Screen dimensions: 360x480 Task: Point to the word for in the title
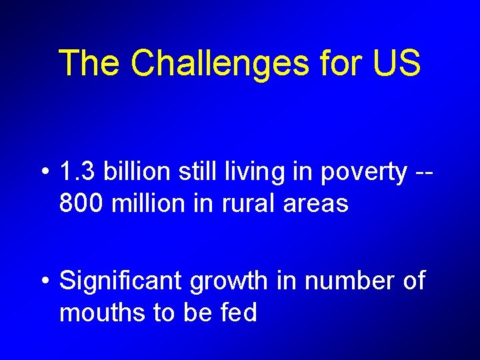pos(339,63)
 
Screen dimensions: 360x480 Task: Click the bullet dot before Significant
pos(44,281)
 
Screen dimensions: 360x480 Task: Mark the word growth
pos(227,281)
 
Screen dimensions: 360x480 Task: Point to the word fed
pos(238,312)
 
